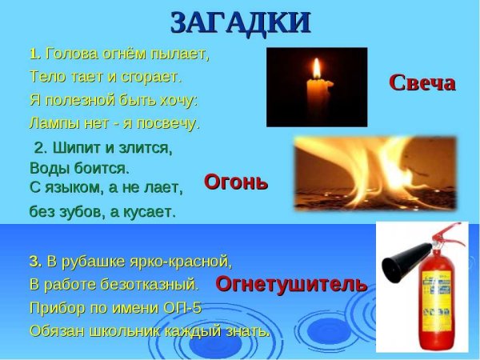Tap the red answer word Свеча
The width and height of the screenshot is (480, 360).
click(x=422, y=82)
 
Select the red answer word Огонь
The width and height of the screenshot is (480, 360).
click(x=236, y=182)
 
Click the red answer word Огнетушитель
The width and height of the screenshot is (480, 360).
click(x=291, y=283)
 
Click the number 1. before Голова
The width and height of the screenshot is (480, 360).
click(x=35, y=55)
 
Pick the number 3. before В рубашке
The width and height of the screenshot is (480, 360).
click(x=35, y=262)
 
